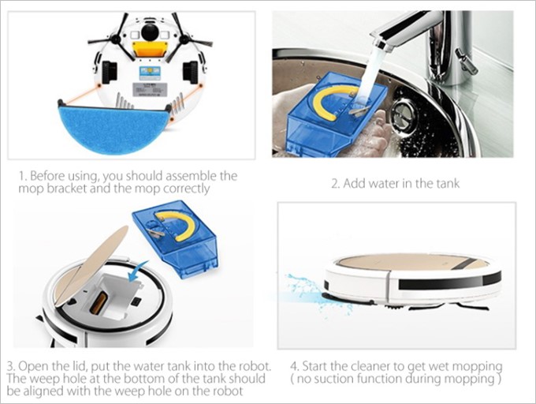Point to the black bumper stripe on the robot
pyautogui.click(x=449, y=281)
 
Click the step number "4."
pyautogui.click(x=294, y=368)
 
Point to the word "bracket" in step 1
pyautogui.click(x=76, y=189)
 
